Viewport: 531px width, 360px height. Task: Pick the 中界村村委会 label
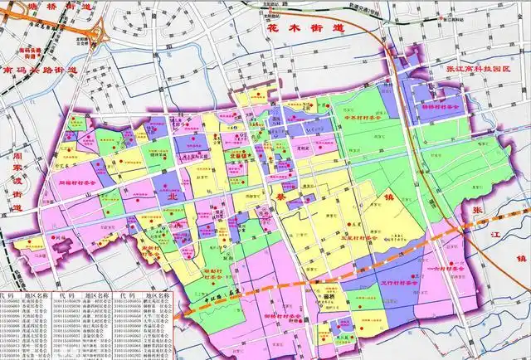pyautogui.click(x=365, y=117)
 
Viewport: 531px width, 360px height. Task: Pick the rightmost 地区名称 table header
pyautogui.click(x=158, y=294)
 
